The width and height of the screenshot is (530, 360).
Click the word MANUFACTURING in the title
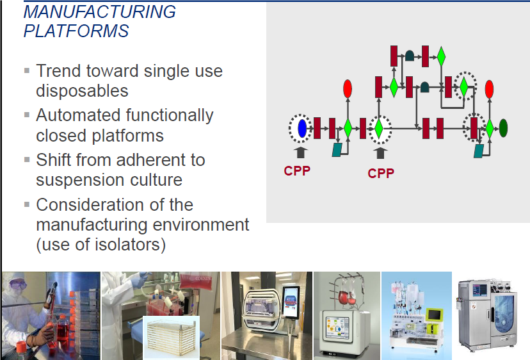pos(100,12)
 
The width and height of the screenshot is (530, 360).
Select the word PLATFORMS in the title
pos(76,31)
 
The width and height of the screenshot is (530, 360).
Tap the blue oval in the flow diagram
pos(302,129)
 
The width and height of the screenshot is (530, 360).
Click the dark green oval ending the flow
pos(503,128)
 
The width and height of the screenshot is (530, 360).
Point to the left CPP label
pos(297,171)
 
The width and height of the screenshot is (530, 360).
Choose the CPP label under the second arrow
pos(381,173)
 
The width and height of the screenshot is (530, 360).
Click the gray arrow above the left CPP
pos(300,152)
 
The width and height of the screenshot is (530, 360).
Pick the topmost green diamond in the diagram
pos(441,56)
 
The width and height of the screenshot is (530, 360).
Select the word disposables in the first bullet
pos(82,91)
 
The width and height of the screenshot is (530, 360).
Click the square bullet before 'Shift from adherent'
pos(27,160)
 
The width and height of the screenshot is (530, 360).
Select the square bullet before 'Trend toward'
pos(27,70)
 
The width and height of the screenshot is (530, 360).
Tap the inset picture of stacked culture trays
pos(171,338)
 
